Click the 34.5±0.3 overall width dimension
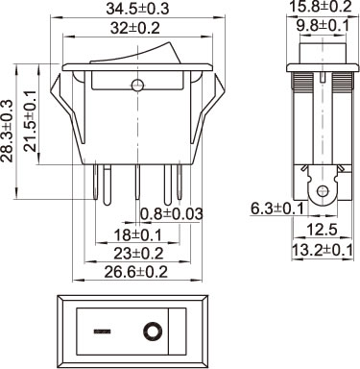137,9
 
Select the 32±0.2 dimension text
135,29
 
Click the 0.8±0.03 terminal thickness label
172,213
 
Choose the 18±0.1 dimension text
138,235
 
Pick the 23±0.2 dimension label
138,254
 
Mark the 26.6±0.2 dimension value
136,272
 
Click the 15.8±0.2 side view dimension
321,7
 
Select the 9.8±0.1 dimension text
323,26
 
